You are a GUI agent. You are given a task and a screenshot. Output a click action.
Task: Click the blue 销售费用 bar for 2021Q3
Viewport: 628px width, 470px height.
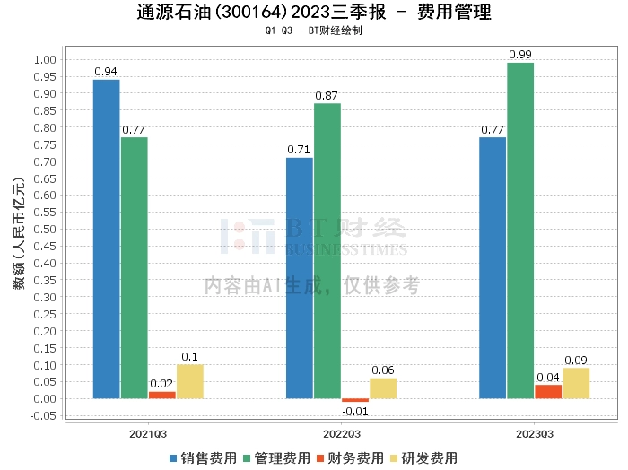tap(107, 239)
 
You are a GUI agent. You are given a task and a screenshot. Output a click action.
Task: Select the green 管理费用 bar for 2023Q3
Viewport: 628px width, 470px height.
tap(520, 231)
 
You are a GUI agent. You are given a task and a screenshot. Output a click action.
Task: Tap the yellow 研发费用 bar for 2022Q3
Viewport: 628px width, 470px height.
tap(383, 388)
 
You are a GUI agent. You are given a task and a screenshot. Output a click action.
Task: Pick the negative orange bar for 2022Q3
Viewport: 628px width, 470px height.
tap(355, 400)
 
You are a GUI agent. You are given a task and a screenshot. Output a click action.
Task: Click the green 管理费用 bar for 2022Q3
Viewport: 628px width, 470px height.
tap(327, 251)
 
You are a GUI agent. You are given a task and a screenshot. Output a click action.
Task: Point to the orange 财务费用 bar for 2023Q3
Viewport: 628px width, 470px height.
tap(548, 391)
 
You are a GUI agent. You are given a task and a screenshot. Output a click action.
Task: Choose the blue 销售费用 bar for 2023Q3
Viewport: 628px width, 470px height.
tap(493, 267)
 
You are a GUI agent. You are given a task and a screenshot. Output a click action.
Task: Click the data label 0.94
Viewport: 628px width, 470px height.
tap(107, 72)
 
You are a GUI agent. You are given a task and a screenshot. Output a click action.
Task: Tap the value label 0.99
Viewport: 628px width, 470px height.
tap(520, 55)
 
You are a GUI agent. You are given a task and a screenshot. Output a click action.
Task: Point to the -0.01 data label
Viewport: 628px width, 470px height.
tap(354, 412)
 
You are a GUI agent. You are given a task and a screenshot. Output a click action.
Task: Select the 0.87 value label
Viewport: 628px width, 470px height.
tap(327, 95)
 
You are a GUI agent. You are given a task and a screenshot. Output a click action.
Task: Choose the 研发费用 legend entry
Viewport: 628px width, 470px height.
tap(423, 457)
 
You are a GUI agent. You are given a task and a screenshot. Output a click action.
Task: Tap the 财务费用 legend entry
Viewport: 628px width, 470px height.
tap(351, 457)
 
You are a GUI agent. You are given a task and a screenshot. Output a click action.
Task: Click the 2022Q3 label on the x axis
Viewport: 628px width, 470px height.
tap(341, 432)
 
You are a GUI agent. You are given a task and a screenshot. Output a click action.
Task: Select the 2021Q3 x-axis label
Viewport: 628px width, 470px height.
tap(148, 432)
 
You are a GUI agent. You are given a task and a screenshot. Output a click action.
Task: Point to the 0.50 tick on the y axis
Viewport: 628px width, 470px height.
tap(44, 229)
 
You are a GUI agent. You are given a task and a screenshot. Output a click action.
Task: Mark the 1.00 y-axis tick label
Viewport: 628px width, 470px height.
tap(44, 59)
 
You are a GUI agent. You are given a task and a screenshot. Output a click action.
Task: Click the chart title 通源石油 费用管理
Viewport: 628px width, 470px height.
tap(314, 13)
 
